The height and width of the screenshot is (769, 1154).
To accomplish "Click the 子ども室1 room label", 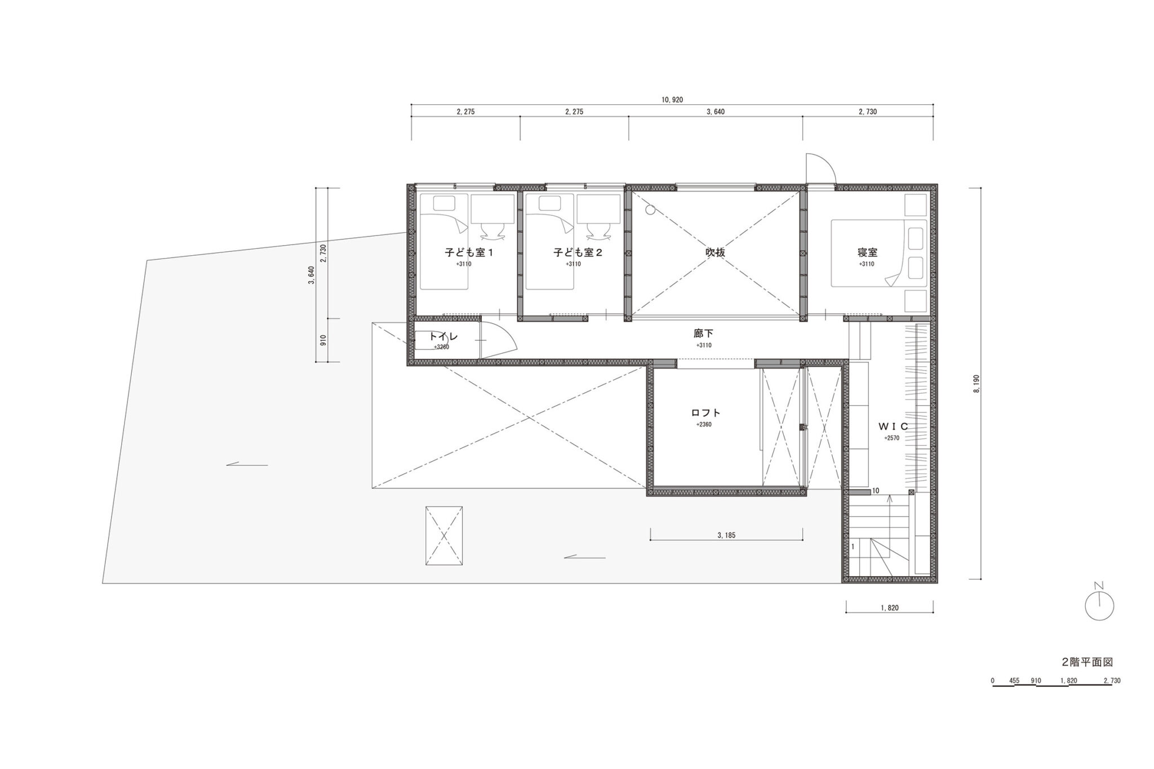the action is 469,252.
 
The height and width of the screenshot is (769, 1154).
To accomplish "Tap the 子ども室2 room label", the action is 578,252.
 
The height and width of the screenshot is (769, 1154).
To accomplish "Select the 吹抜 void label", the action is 715,252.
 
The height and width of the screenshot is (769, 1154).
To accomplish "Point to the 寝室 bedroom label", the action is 868,252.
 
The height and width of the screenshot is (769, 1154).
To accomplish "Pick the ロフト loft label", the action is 705,413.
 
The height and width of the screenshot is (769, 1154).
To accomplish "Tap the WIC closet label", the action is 893,426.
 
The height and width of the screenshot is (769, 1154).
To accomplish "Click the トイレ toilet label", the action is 443,337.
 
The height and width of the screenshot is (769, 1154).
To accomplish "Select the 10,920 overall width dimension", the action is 672,100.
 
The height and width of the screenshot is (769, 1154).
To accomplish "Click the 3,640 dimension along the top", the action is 715,112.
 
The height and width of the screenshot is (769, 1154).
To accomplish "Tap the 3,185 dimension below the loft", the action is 726,535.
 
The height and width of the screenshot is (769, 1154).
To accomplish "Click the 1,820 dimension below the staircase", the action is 889,608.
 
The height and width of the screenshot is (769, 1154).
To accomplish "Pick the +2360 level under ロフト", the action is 704,424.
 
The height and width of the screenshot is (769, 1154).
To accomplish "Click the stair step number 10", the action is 875,491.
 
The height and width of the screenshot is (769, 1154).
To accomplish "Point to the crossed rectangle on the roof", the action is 444,535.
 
